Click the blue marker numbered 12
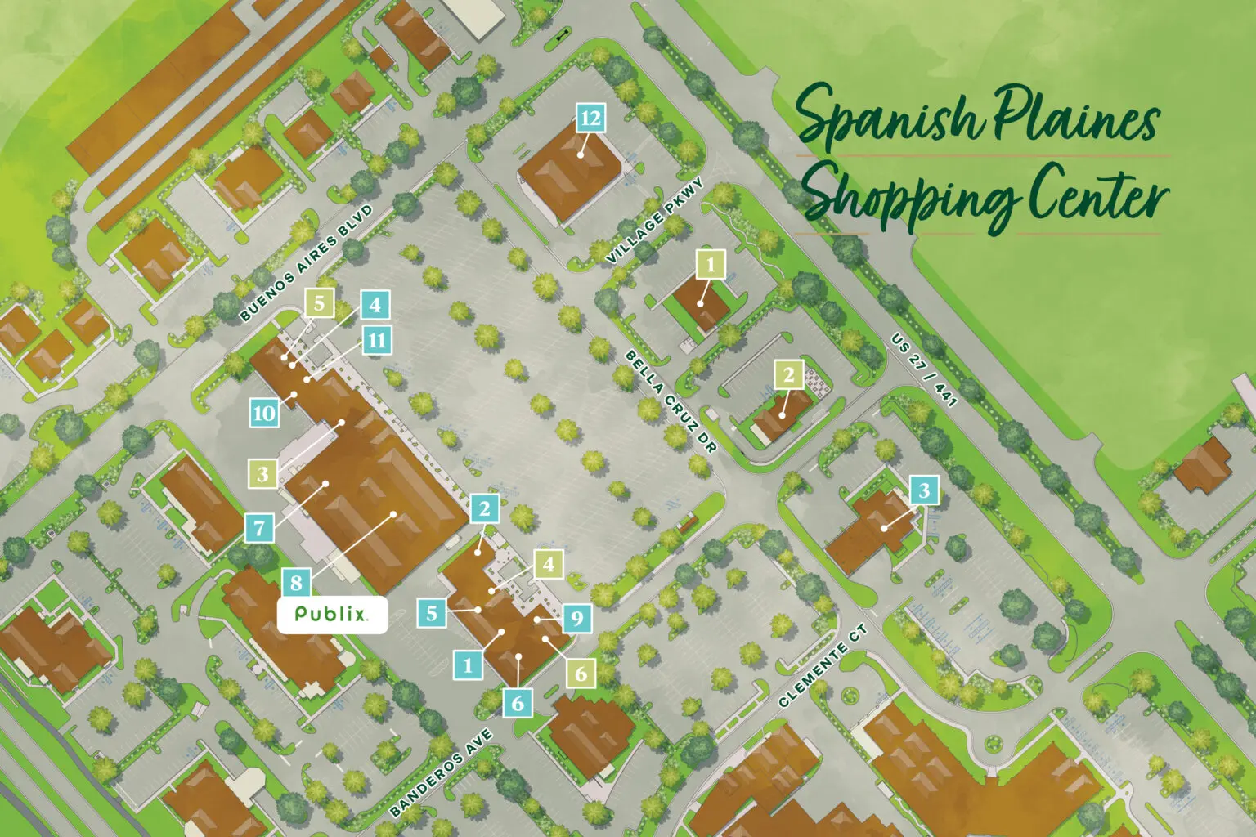[590, 119]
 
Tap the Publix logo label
[331, 614]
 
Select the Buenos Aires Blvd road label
[306, 262]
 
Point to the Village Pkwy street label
[654, 222]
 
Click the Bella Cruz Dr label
[670, 401]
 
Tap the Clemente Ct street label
[822, 666]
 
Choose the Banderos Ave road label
[441, 772]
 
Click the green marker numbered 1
[710, 264]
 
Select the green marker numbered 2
[788, 374]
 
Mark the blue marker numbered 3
[924, 490]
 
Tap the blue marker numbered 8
[296, 583]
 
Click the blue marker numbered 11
[376, 340]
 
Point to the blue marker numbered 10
[264, 413]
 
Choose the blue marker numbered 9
[577, 618]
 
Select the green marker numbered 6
[581, 674]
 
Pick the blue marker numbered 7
[260, 527]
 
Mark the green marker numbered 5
[319, 303]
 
